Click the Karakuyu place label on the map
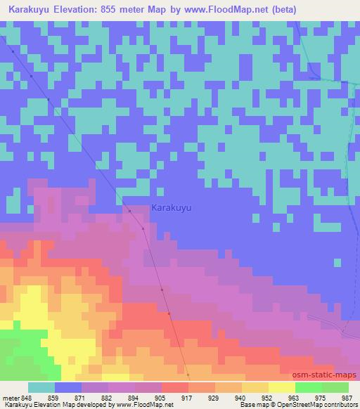(x=172, y=208)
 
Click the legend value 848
(x=27, y=397)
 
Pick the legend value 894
(x=135, y=397)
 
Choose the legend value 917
(x=188, y=397)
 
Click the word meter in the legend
(x=11, y=397)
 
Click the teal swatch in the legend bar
(x=41, y=387)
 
